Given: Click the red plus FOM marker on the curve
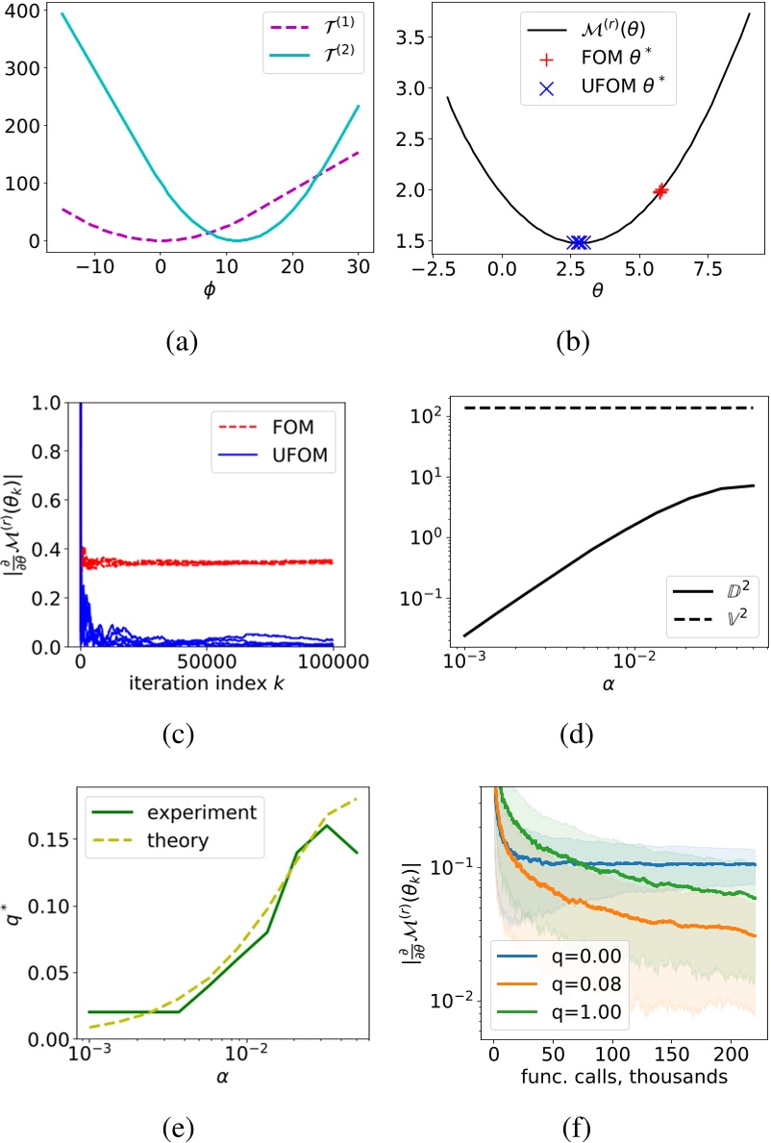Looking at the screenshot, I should [x=660, y=190].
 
